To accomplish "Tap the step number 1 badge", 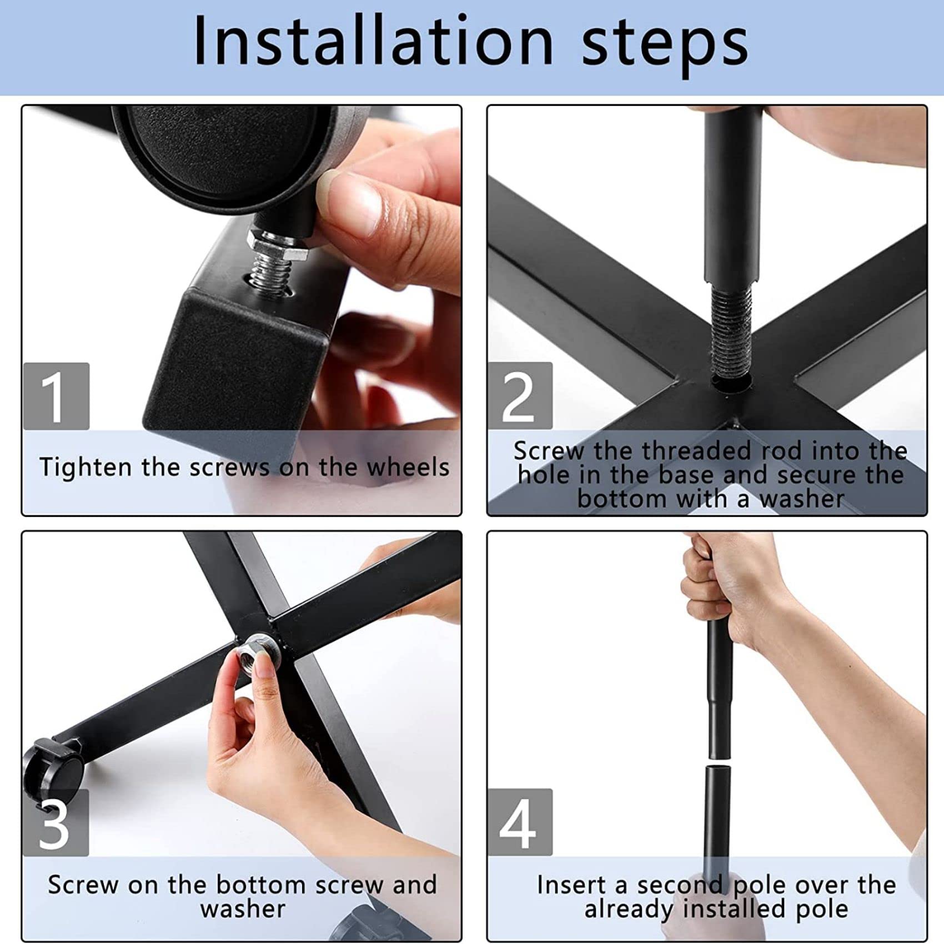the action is [x=56, y=396].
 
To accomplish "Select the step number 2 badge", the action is [x=520, y=396].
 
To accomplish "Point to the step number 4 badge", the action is [x=520, y=822].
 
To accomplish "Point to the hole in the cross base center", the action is [x=732, y=381].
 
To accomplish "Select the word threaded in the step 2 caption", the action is [x=697, y=451].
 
